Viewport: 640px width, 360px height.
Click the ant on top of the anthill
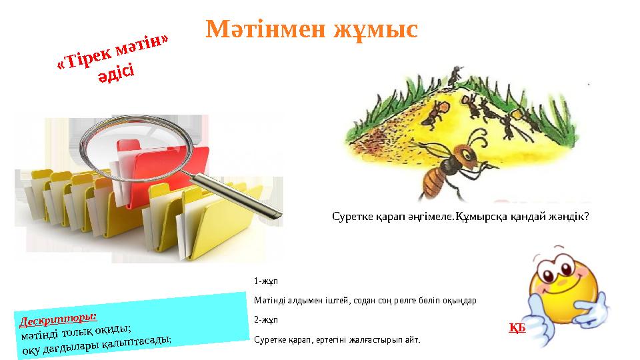pyautogui.click(x=455, y=76)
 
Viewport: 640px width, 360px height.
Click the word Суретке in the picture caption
pyautogui.click(x=352, y=217)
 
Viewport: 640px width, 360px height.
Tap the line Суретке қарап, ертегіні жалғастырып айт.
pyautogui.click(x=337, y=339)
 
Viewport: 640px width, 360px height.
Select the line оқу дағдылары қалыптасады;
pyautogui.click(x=97, y=345)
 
